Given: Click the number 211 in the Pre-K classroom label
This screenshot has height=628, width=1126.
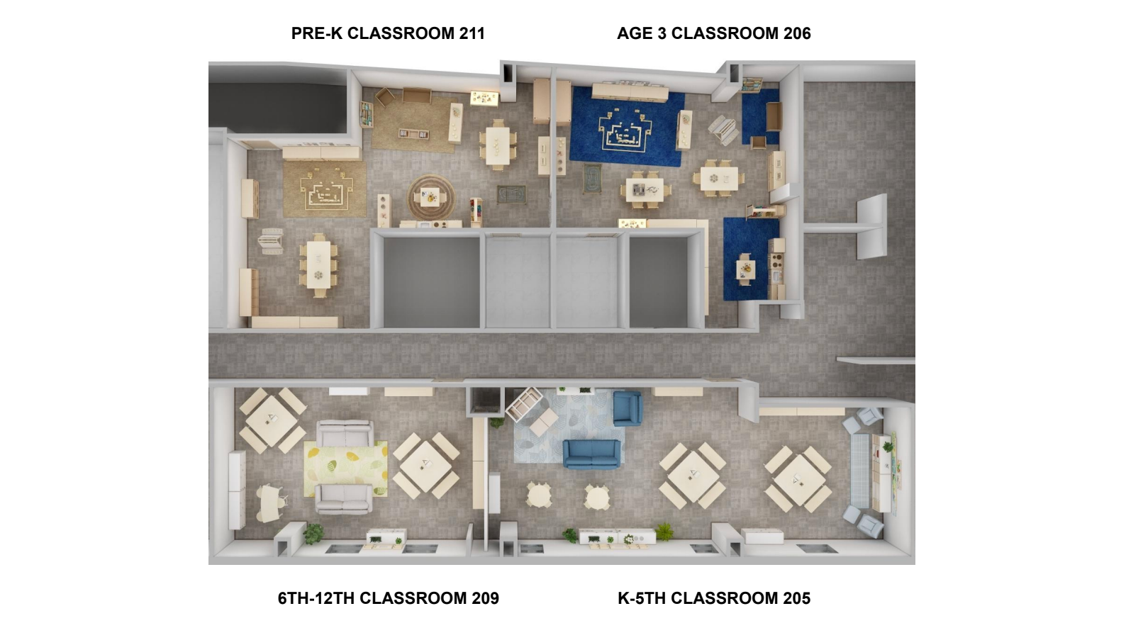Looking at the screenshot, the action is tap(472, 33).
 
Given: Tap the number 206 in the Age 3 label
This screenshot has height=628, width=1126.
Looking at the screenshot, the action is tap(797, 33).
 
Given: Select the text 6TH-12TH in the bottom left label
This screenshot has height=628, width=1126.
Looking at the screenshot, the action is tap(316, 598).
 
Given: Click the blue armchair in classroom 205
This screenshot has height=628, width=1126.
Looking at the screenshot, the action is tap(628, 408).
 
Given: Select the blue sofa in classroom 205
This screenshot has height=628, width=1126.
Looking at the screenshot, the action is tap(591, 454).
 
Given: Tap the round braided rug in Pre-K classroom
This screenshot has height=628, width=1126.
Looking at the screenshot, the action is tap(431, 196).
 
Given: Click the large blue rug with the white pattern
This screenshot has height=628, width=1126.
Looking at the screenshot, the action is tap(627, 126).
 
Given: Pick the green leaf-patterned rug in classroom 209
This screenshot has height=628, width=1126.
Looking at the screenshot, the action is tap(345, 469).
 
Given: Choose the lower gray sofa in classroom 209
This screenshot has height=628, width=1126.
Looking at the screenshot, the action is tap(344, 499).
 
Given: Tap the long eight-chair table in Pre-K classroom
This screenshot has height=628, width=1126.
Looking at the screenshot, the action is tap(318, 265).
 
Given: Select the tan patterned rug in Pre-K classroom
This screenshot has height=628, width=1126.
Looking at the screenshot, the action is tap(324, 189).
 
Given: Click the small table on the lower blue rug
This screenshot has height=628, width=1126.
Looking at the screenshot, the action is tap(745, 269).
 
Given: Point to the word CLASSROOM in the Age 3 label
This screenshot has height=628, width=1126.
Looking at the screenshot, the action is tap(725, 33).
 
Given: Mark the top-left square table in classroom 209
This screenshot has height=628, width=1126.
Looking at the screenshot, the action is tap(272, 421).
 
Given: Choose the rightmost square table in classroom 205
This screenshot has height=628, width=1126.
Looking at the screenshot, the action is tap(798, 479).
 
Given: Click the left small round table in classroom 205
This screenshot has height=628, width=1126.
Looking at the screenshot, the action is tap(539, 496).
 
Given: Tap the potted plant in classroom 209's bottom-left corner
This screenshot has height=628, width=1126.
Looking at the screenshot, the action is tap(313, 534).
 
